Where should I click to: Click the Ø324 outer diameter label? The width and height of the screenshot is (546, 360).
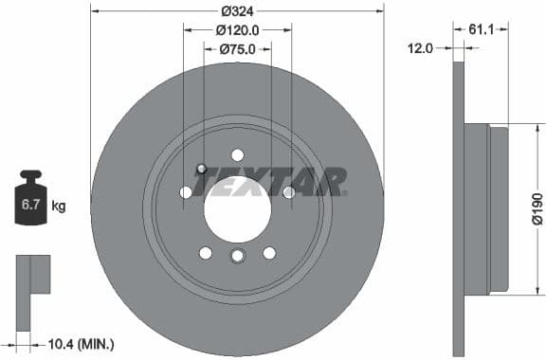coord(237,11)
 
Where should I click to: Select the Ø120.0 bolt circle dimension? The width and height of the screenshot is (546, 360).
coord(237,30)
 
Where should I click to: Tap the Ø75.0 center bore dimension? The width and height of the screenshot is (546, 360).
coord(237,48)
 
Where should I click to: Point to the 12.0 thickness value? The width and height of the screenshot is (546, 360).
coord(420,47)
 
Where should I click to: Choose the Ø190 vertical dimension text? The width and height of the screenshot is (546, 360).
coord(537,207)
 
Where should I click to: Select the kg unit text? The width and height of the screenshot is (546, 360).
coord(59,206)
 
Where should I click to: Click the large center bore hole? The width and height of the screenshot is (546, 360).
coord(237,207)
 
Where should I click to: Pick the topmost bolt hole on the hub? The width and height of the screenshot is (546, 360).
coord(237,155)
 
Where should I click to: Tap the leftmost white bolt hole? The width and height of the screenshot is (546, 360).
coord(186,192)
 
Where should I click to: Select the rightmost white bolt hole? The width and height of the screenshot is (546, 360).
coord(288,192)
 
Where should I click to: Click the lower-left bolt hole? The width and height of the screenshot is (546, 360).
coord(206,252)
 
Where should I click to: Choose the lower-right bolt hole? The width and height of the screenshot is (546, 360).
coord(269,252)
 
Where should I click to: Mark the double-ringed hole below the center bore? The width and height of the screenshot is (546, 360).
coord(237,257)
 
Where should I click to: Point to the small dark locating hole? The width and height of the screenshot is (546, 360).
coord(201,170)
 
